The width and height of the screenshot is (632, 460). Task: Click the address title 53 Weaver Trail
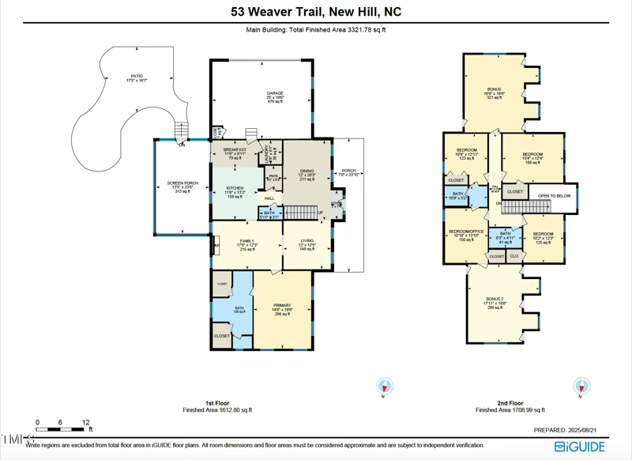(x=315, y=12)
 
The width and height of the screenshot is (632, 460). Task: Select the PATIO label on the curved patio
(x=137, y=77)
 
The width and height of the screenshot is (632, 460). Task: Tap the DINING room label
(x=307, y=170)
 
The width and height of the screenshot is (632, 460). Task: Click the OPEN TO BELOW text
(x=554, y=195)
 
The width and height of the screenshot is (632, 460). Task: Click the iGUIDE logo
(x=580, y=447)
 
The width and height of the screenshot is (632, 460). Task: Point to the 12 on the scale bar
(x=85, y=423)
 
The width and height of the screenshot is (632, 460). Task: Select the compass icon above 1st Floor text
(x=384, y=386)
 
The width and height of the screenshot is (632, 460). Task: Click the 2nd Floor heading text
(x=510, y=403)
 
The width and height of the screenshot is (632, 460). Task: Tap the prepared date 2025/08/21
(x=571, y=430)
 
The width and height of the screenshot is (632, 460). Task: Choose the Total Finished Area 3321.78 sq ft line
(x=315, y=30)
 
